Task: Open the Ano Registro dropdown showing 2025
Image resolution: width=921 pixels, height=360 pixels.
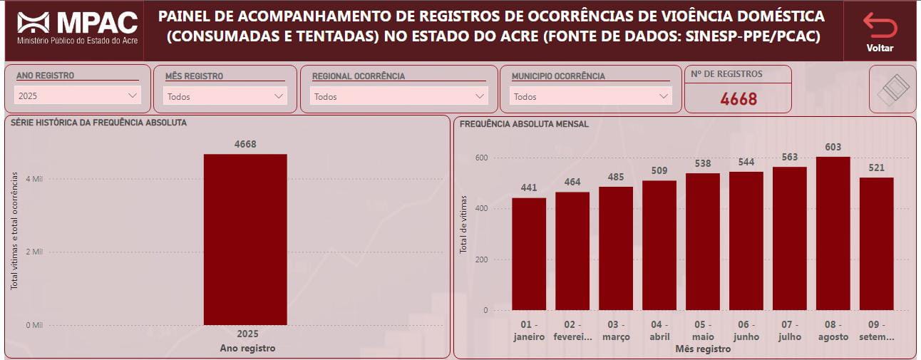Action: (x=78, y=96)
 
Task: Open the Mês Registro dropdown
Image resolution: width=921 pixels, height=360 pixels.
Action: (x=225, y=96)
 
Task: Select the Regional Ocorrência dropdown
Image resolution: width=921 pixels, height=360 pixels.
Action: (x=399, y=96)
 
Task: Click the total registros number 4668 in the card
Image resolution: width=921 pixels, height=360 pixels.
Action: (x=739, y=99)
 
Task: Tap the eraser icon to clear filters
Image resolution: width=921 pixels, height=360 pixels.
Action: (x=892, y=89)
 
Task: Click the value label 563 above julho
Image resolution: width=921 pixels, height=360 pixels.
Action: (x=790, y=157)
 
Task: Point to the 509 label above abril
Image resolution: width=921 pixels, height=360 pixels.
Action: (x=659, y=170)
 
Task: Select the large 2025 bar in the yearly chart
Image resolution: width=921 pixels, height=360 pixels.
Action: (x=245, y=240)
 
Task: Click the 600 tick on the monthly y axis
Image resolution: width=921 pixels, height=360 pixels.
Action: (x=481, y=158)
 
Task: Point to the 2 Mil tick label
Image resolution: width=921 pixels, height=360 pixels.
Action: (x=34, y=252)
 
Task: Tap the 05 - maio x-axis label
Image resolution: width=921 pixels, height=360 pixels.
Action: (x=703, y=331)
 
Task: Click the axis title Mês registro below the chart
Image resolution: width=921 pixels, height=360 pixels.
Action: (x=702, y=349)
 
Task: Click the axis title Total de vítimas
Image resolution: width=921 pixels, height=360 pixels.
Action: (x=463, y=225)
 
